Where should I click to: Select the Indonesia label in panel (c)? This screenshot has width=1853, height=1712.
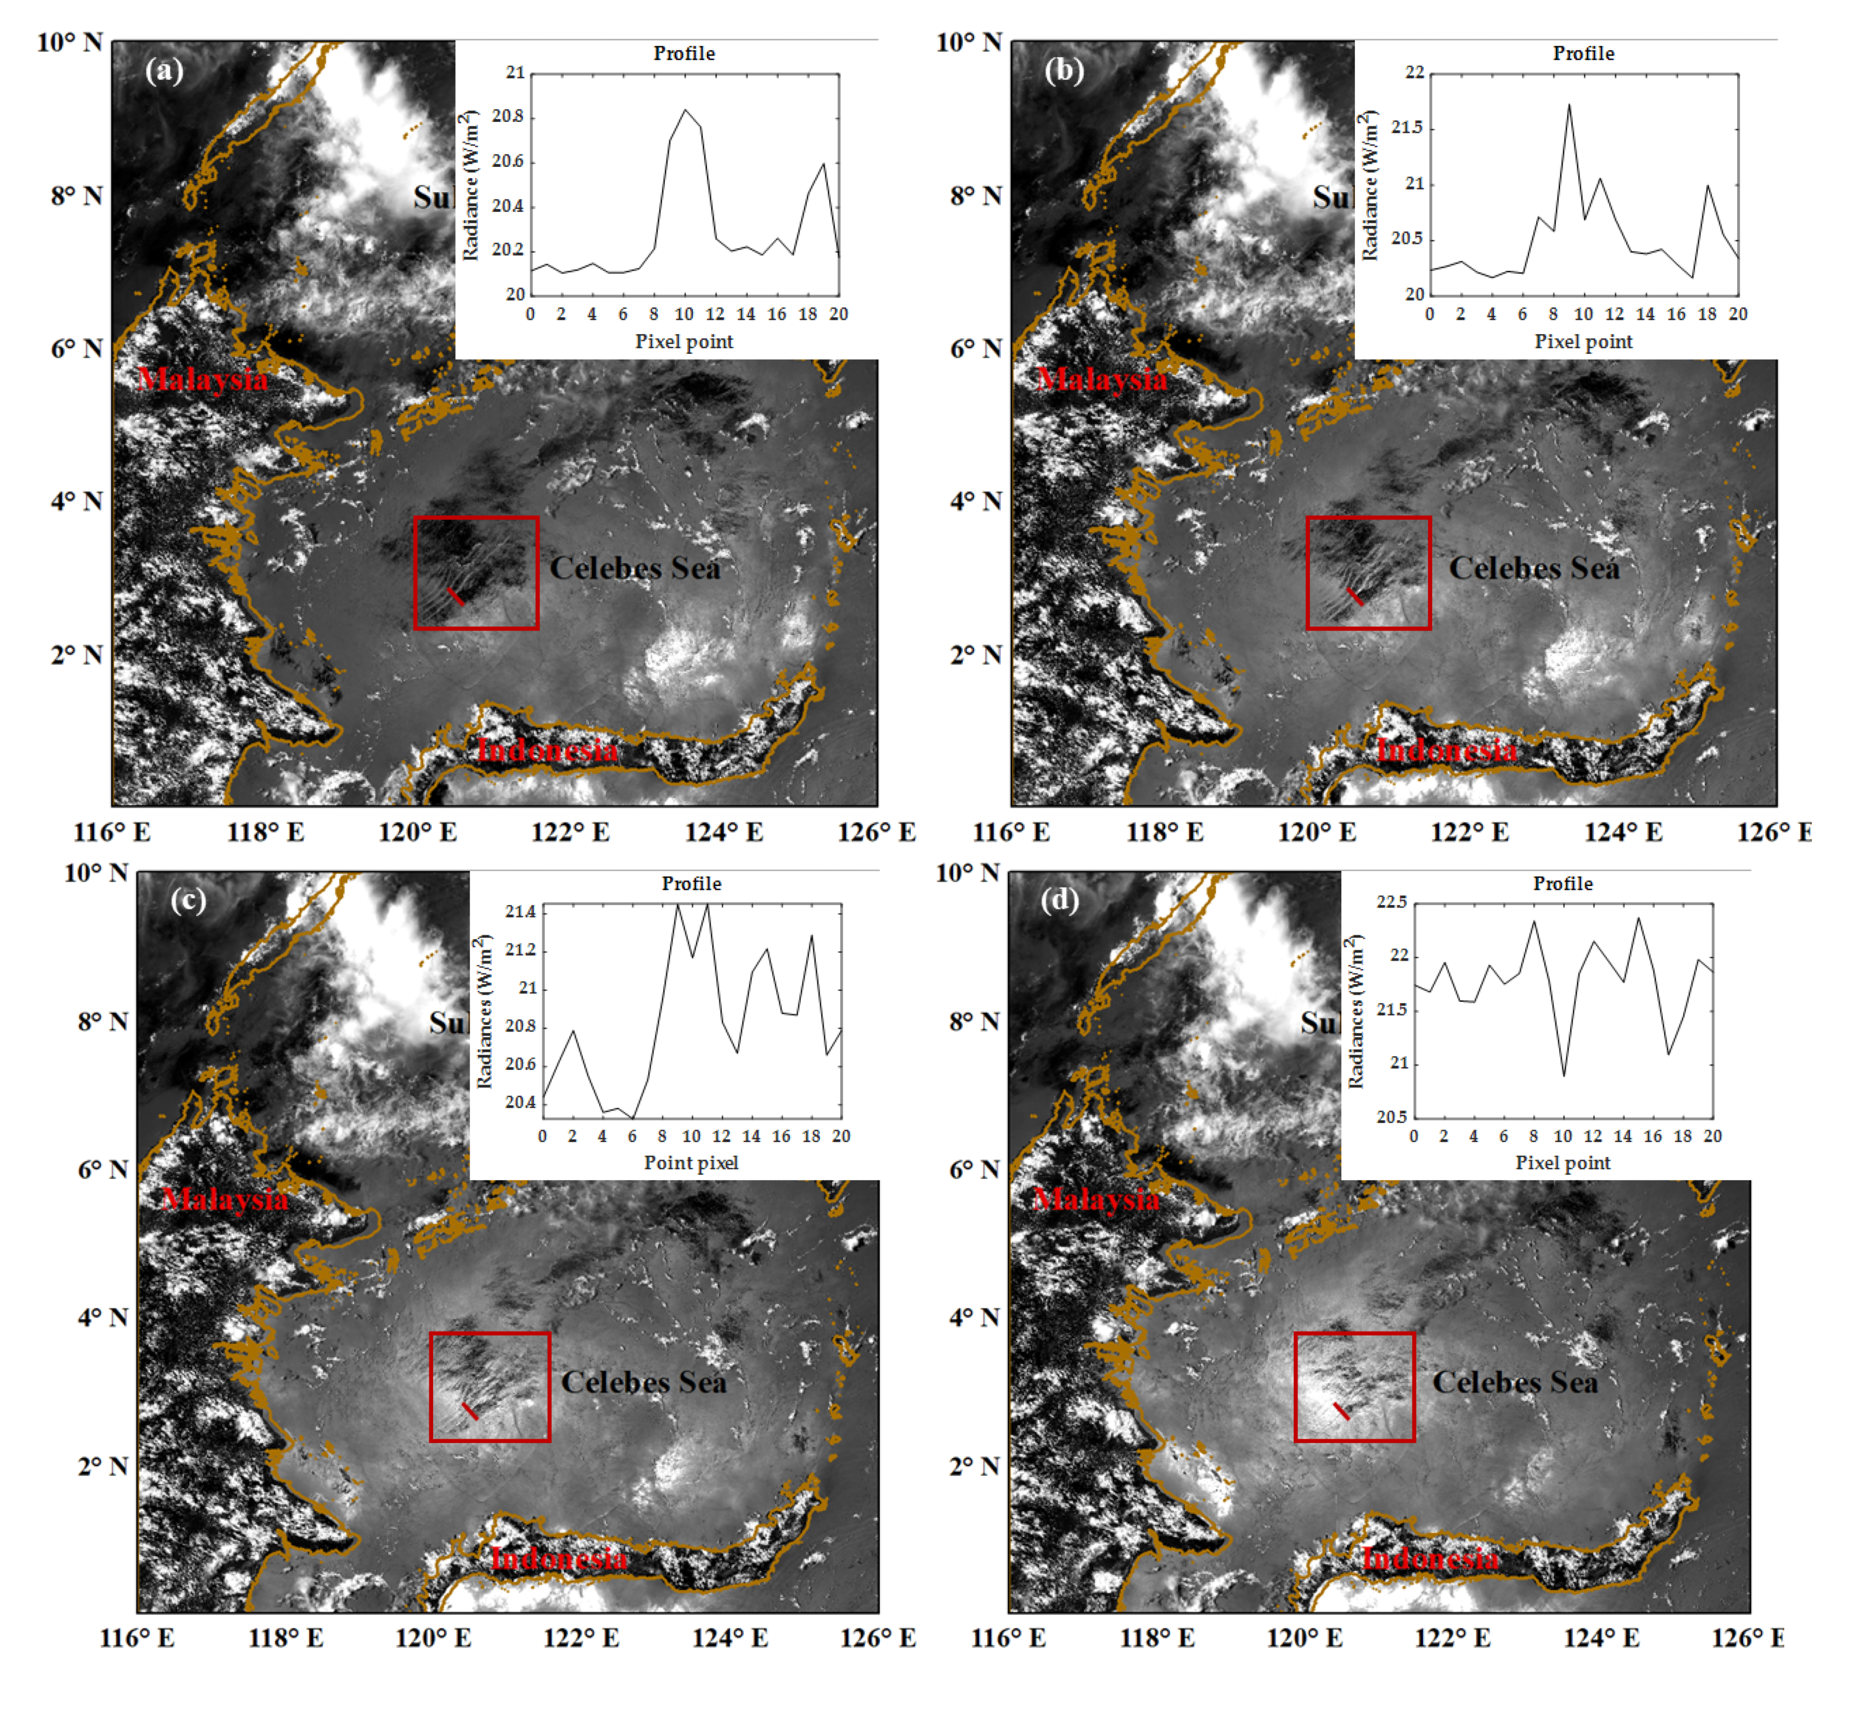(559, 1559)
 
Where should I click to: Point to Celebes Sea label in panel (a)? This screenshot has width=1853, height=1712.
(635, 568)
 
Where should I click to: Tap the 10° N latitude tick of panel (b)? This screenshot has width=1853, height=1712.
(969, 42)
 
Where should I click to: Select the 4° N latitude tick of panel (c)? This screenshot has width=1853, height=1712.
(102, 1317)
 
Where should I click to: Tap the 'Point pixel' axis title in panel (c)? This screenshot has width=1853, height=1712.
(691, 1163)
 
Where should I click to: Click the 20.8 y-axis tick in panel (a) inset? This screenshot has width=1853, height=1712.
(508, 117)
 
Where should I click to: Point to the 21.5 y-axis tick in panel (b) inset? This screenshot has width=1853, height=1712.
(1407, 128)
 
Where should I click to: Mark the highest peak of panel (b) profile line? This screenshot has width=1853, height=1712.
(1569, 104)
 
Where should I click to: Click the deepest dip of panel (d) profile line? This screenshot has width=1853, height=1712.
(1563, 1075)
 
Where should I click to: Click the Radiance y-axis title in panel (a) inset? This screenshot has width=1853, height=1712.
(471, 185)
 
